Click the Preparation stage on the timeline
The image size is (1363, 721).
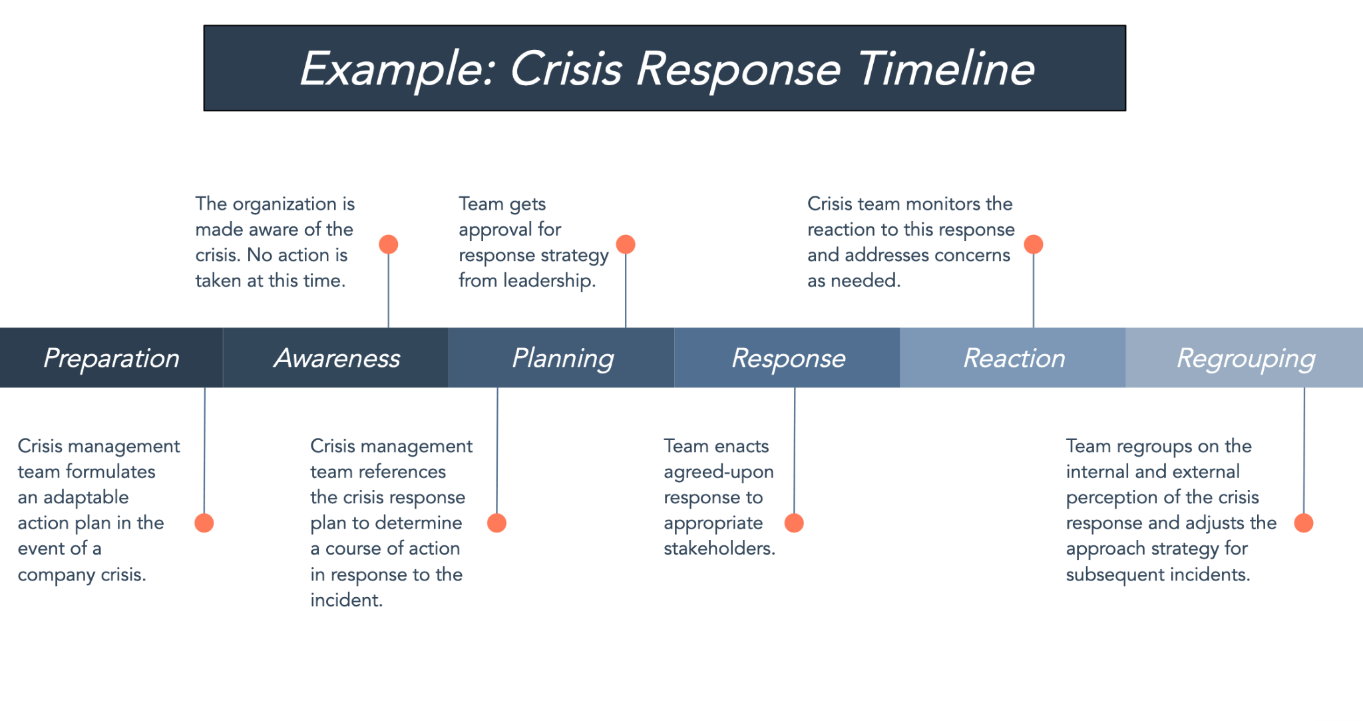tap(111, 358)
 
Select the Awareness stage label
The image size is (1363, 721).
tap(336, 358)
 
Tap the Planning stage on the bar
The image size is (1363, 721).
tap(562, 358)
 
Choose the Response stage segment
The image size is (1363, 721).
tap(787, 358)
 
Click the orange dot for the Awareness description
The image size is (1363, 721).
tap(389, 244)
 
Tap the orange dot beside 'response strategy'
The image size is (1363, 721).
tap(626, 244)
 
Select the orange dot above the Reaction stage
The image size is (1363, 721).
tap(1034, 244)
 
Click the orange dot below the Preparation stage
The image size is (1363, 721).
tap(204, 523)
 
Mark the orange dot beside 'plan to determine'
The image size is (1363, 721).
tap(497, 523)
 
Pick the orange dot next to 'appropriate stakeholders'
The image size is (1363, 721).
tap(794, 523)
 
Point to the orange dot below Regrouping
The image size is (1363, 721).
tap(1304, 523)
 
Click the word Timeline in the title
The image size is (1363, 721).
tap(946, 69)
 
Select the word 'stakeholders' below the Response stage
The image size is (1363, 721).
tap(719, 549)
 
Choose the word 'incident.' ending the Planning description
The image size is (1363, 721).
tap(346, 600)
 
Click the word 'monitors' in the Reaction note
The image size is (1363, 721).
tap(944, 204)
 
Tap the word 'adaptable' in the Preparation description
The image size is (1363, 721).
tap(86, 497)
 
